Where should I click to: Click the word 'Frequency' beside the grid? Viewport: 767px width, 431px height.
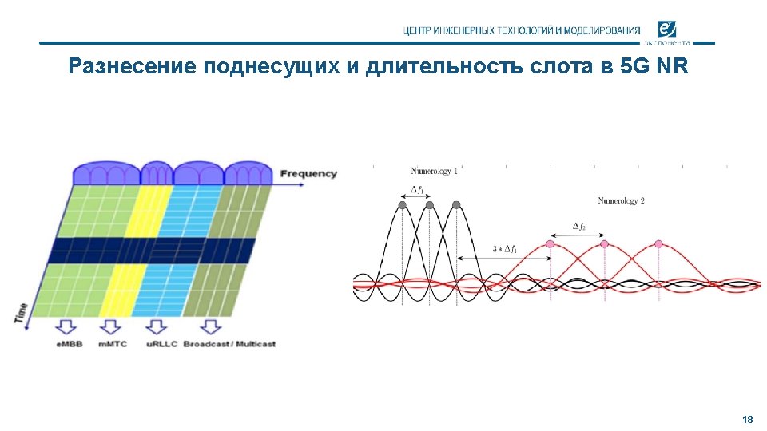click(308, 173)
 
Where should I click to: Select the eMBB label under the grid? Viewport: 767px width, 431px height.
click(70, 344)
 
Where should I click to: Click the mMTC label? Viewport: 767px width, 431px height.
click(112, 344)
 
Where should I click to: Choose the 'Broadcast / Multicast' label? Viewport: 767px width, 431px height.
click(229, 344)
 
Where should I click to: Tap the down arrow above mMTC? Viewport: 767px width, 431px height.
click(111, 326)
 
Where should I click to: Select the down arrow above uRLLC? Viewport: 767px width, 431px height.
click(156, 326)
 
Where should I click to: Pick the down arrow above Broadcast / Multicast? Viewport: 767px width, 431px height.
click(210, 326)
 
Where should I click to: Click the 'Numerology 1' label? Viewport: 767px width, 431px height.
click(434, 171)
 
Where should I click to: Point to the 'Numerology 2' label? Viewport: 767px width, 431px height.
click(621, 200)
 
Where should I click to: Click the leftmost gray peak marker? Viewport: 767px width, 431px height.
click(403, 205)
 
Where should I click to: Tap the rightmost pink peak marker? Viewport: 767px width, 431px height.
click(659, 243)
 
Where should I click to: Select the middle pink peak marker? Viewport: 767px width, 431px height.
click(604, 243)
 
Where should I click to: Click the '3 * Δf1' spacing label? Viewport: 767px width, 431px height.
click(505, 250)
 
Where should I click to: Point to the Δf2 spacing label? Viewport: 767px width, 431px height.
click(578, 227)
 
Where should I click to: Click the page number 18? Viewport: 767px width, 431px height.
click(748, 419)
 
